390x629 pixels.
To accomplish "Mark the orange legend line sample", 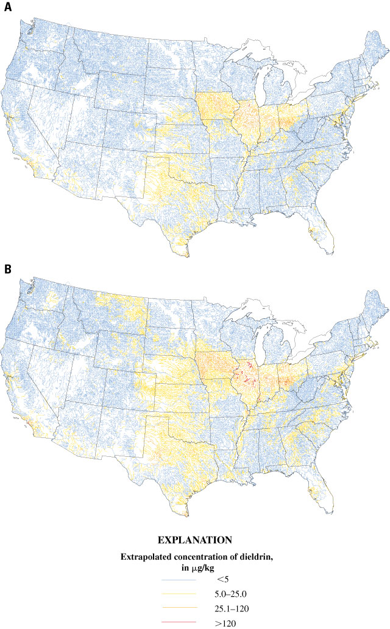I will point(176,606).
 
